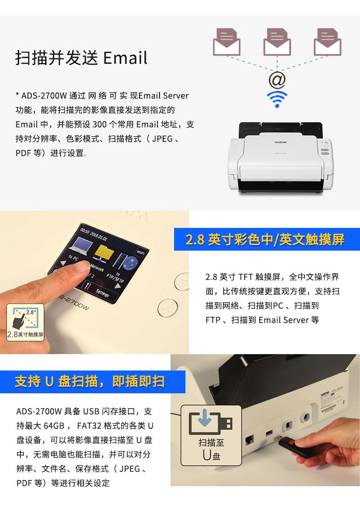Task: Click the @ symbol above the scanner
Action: (x=277, y=80)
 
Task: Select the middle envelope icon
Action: (x=277, y=42)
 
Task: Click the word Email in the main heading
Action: (x=125, y=58)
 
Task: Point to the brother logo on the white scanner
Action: (x=281, y=142)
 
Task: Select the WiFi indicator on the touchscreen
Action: (x=140, y=252)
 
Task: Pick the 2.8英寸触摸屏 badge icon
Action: (x=26, y=322)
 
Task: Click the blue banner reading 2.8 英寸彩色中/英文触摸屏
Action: (x=267, y=239)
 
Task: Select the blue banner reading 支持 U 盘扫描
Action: (x=93, y=382)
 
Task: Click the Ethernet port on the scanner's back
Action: (x=249, y=440)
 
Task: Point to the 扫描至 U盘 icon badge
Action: (x=211, y=435)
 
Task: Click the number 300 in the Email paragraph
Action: (x=99, y=124)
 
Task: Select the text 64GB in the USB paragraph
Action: (x=54, y=426)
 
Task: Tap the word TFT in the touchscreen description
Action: (x=246, y=277)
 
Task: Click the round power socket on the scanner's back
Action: (x=305, y=417)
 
